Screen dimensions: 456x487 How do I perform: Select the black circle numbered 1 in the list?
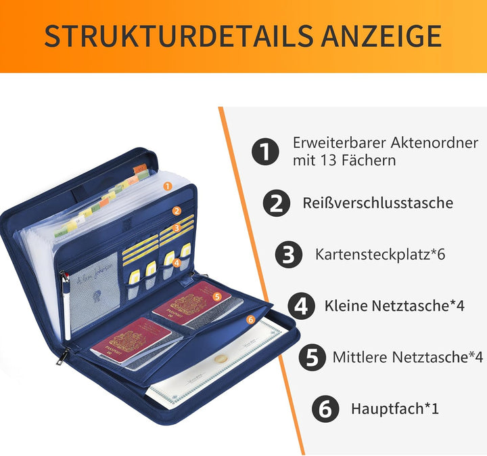pos(266,152)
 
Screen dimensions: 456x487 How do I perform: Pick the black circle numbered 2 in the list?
pos(277,203)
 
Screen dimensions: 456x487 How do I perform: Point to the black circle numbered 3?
pos(289,255)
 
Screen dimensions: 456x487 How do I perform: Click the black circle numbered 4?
pos(302,306)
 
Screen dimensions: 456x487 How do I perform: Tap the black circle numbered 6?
pos(325,409)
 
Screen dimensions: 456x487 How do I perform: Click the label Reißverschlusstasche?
pos(378,203)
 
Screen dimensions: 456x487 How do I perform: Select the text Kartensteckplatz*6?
pos(379,255)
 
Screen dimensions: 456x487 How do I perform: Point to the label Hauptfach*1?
pos(395,409)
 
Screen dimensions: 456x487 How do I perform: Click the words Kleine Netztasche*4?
pos(394,306)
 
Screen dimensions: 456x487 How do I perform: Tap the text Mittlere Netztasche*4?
pos(407,357)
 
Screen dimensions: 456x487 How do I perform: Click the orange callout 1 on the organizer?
pos(168,184)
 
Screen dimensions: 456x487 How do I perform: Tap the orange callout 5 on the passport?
pos(217,295)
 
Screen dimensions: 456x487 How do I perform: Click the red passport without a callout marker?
pos(131,339)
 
